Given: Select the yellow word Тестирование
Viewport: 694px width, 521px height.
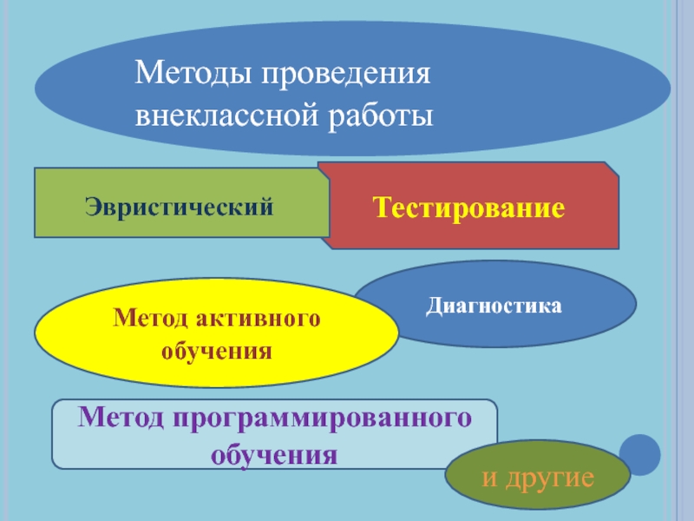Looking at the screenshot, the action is click(x=468, y=208).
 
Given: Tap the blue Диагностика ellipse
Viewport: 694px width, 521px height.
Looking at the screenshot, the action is click(x=494, y=305).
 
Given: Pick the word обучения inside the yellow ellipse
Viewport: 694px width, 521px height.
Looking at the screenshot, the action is click(x=217, y=352).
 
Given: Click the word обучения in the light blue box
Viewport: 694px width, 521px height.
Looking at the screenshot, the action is click(x=275, y=453).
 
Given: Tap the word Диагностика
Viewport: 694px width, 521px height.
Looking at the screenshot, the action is click(x=494, y=305).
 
